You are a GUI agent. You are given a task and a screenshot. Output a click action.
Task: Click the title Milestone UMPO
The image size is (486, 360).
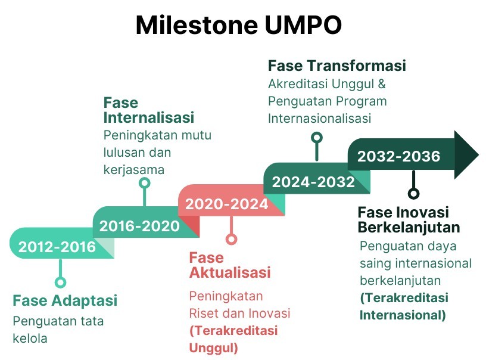[239, 24]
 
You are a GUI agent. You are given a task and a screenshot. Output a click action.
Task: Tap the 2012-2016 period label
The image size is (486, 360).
[57, 247]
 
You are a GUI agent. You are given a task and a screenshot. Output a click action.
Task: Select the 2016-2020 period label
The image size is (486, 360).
[139, 226]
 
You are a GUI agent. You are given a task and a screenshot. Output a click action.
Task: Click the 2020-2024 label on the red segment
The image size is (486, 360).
[226, 204]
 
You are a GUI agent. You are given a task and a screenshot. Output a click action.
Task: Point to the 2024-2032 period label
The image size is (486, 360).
[313, 182]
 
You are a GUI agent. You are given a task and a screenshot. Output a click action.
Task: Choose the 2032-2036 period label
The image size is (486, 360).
[398, 156]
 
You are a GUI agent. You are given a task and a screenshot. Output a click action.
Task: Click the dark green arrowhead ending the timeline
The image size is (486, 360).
[466, 154]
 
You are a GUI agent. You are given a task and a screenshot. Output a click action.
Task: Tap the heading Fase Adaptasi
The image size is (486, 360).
[65, 301]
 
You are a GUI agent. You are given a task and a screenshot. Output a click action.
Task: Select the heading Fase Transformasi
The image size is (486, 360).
[337, 66]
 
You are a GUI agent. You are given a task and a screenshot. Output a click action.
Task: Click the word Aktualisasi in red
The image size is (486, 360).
[230, 272]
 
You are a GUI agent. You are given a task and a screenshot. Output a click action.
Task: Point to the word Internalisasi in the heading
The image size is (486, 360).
[149, 117]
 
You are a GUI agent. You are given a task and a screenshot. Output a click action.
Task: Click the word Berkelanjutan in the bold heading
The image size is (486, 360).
[409, 227]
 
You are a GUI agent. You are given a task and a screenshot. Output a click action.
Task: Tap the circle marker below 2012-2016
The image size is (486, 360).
[60, 283]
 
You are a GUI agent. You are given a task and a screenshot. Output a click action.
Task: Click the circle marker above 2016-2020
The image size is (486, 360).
[145, 183]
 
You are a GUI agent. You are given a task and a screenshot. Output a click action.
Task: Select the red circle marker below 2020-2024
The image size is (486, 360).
[231, 239]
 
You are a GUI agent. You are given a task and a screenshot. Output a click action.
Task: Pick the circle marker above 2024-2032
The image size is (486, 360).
[317, 137]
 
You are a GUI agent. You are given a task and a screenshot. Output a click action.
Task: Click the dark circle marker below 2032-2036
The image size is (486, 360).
[413, 194]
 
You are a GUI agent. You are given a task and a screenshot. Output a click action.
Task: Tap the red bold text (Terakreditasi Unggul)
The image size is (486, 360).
[233, 339]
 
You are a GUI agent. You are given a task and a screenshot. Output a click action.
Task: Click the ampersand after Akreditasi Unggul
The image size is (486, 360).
[382, 83]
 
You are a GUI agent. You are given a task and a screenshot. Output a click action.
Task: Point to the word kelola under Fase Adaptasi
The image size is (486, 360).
[30, 339]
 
